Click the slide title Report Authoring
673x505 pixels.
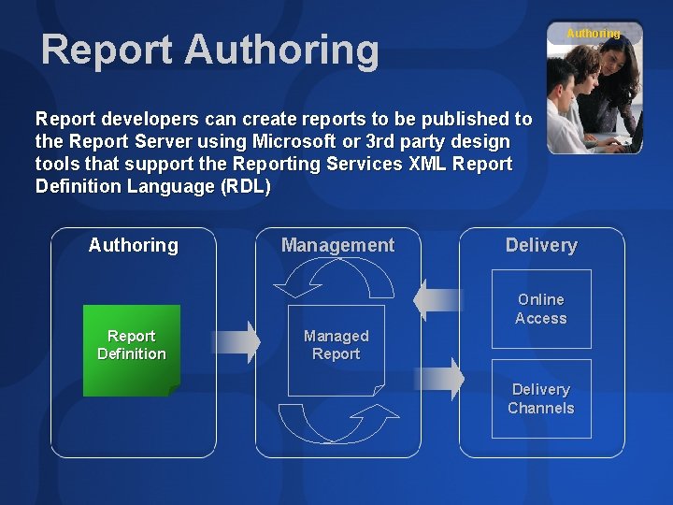(209, 49)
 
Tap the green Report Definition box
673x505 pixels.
(131, 345)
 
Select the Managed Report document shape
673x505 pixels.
(336, 346)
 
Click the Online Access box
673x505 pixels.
(541, 309)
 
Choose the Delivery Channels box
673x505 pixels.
(541, 398)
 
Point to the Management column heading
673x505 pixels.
(337, 245)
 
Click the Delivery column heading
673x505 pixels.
(541, 245)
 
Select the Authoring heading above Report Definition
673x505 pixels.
(133, 245)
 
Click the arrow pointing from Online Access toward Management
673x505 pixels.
(437, 299)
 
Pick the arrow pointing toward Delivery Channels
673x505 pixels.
(439, 379)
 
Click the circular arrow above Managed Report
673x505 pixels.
(337, 278)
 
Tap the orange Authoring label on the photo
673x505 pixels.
(593, 34)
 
